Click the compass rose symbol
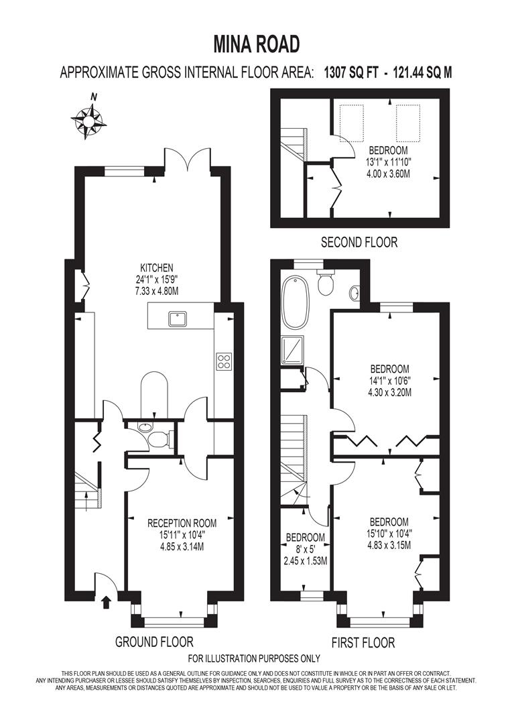(x=88, y=119)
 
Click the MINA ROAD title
(x=256, y=45)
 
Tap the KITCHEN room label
(x=157, y=267)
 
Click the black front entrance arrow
(x=107, y=601)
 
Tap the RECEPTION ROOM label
(x=182, y=523)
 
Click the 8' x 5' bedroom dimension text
(x=305, y=550)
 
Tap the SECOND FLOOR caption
(x=359, y=242)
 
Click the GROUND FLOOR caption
(x=154, y=642)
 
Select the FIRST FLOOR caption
(x=363, y=642)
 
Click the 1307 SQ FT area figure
(x=351, y=72)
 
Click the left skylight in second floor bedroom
(x=352, y=123)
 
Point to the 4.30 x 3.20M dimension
(x=389, y=392)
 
